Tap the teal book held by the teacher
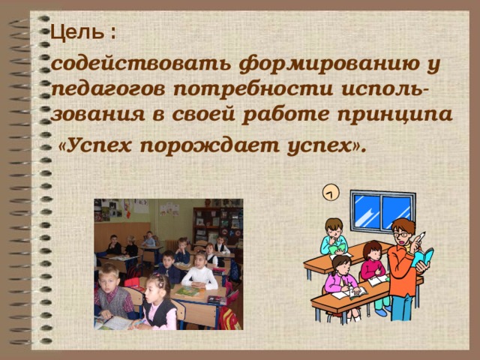[x=424, y=257]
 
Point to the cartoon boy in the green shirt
[x=334, y=238]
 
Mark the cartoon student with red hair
[x=372, y=262]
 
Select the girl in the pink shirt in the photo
[x=157, y=304]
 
